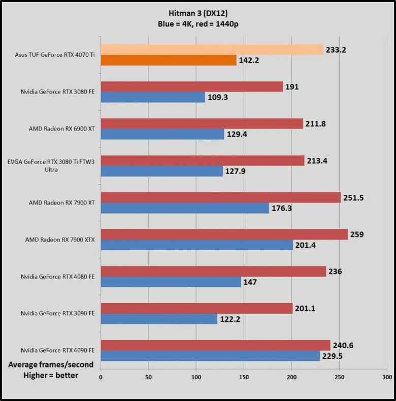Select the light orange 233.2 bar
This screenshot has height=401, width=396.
click(212, 49)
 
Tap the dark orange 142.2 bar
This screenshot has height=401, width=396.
click(169, 60)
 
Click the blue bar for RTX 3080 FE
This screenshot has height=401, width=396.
click(153, 97)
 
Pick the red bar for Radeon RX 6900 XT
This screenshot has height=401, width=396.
click(202, 123)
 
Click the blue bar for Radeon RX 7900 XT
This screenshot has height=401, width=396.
click(185, 208)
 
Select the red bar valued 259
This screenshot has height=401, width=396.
click(224, 234)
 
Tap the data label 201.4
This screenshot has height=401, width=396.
click(307, 246)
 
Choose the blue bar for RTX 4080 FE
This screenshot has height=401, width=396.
click(171, 282)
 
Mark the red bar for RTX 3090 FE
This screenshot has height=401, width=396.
click(197, 308)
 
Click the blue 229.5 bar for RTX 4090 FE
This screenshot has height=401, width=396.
click(210, 356)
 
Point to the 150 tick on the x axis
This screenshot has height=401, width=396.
click(244, 378)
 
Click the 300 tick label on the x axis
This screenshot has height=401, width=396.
click(387, 378)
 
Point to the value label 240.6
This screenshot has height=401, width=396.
click(343, 346)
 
